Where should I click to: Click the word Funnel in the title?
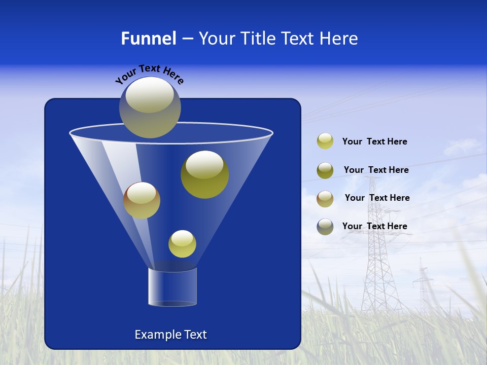tap(149, 39)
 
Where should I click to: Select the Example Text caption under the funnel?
tap(170, 335)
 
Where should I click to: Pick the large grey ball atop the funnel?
tap(150, 107)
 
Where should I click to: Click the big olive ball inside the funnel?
tap(204, 174)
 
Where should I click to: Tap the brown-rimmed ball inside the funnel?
tap(142, 200)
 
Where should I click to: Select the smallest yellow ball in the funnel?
tap(182, 244)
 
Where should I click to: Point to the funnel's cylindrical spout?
tap(172, 287)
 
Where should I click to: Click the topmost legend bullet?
tap(325, 141)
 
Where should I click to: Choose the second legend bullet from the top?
tap(325, 170)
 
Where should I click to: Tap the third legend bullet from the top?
tap(325, 198)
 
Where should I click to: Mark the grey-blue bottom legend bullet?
tap(325, 227)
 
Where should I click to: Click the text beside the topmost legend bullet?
tap(374, 142)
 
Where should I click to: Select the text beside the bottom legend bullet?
tap(374, 226)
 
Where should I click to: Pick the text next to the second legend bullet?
tap(376, 170)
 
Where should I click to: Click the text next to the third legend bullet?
tap(377, 198)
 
